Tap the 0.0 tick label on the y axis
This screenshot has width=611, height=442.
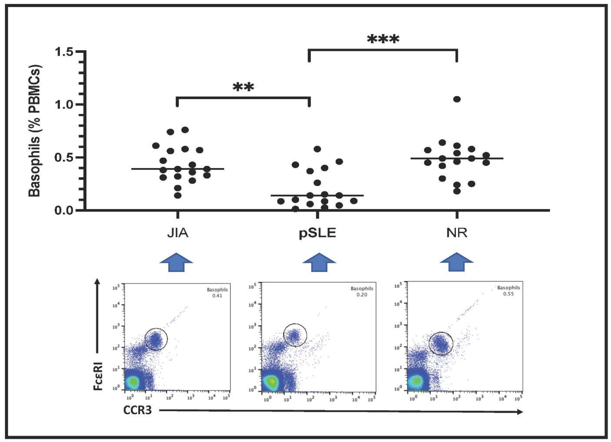tap(64, 210)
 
